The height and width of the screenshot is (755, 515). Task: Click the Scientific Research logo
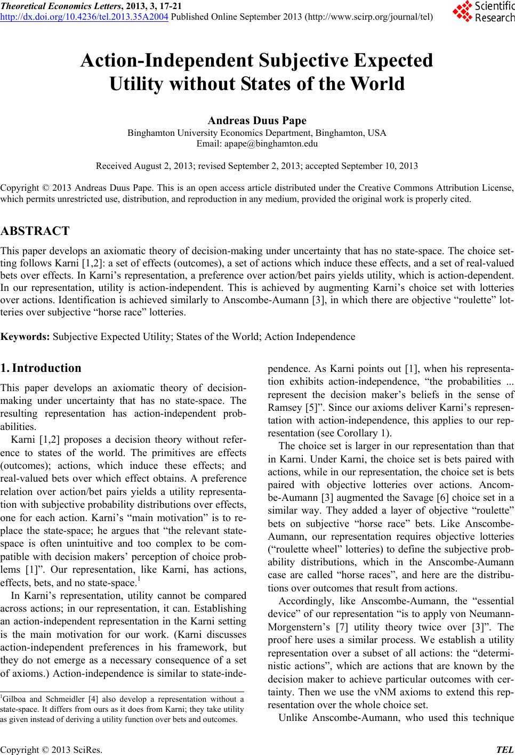(481, 12)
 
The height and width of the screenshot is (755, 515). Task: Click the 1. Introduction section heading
(41, 368)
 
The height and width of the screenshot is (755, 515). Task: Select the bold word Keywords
(25, 336)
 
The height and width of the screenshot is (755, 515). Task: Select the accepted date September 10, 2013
(379, 166)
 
